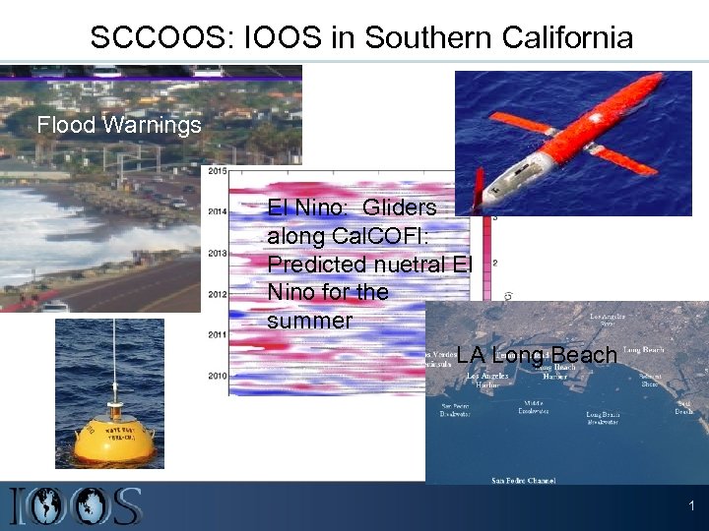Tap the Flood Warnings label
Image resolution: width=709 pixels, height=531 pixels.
[119, 125]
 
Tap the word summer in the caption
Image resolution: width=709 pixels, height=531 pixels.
[309, 321]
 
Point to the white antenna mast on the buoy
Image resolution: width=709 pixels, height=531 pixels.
[116, 354]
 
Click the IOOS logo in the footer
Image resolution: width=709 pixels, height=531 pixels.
[76, 505]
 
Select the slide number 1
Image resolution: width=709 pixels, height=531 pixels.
[691, 505]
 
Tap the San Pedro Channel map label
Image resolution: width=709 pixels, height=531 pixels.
[524, 480]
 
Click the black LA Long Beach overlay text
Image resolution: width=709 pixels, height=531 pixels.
[537, 355]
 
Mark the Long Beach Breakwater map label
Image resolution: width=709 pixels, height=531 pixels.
[603, 418]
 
